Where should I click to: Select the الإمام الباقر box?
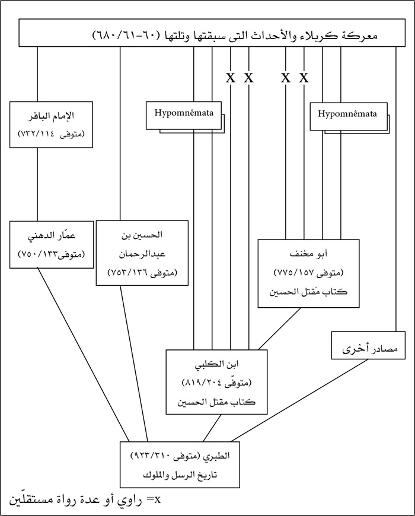click(x=52, y=124)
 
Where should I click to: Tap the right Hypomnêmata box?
click(x=348, y=114)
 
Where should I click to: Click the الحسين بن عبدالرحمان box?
click(x=142, y=253)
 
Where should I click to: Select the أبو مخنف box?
click(x=308, y=273)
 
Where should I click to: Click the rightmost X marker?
click(x=304, y=77)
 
